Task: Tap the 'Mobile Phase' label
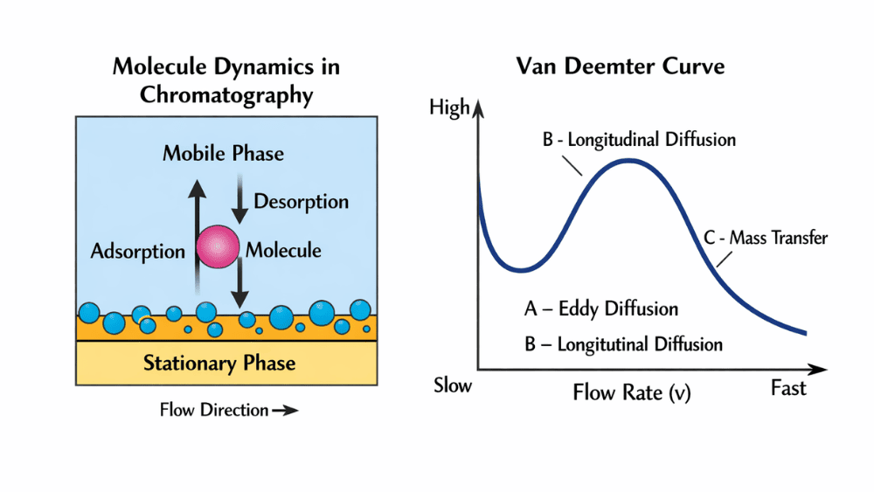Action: [x=223, y=154]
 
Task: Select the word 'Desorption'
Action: [x=301, y=202]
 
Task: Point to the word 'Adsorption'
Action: [x=137, y=252]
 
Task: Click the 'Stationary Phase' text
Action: [x=218, y=363]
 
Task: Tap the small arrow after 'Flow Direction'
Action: [x=285, y=410]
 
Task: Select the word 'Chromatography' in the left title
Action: [x=226, y=94]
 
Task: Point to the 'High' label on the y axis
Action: [x=449, y=109]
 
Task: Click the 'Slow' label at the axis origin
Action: [x=452, y=385]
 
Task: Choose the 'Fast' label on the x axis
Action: [x=788, y=388]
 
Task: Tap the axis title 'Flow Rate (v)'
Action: [x=631, y=392]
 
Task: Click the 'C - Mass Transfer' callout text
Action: [x=765, y=238]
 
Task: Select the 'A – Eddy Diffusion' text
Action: [x=600, y=308]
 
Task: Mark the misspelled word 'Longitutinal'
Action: [x=603, y=344]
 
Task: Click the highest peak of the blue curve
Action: [x=628, y=161]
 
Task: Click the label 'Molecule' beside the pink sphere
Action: [x=283, y=251]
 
